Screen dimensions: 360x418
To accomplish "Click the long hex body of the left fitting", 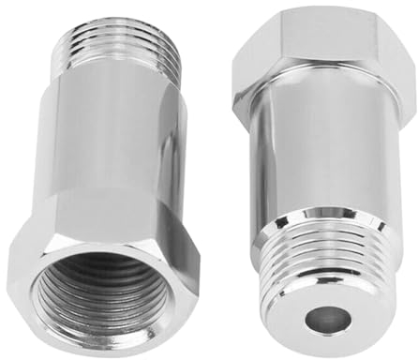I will [x=108, y=159].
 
